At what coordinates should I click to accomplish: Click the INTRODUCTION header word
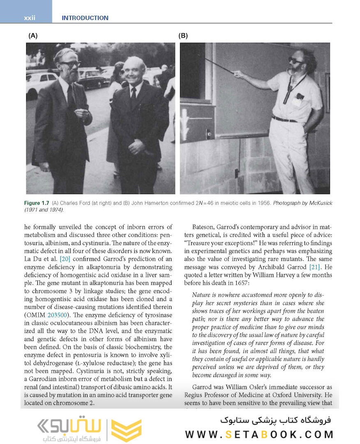coord(85,18)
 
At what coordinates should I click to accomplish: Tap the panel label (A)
coord(33,36)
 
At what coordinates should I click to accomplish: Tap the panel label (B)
coord(183,36)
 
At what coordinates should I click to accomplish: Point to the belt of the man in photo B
coord(284,119)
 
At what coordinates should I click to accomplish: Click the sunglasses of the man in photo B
coord(295,60)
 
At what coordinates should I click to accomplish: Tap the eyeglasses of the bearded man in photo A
coord(70,64)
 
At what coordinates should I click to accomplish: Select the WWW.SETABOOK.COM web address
coord(259,434)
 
